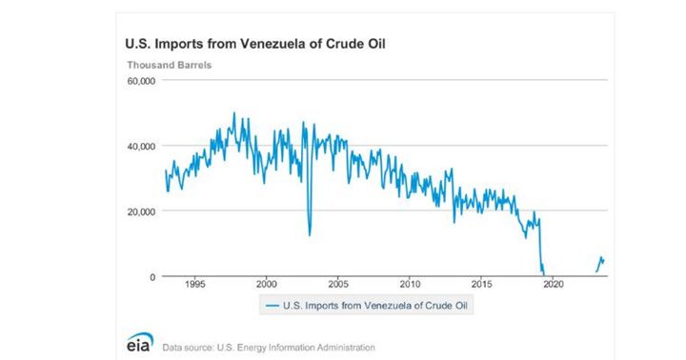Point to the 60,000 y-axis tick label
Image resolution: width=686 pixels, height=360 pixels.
(140, 82)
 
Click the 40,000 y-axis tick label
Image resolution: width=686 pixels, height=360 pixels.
(140, 147)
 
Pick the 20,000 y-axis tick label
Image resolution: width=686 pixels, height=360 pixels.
(140, 211)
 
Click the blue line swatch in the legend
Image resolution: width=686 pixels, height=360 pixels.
(271, 306)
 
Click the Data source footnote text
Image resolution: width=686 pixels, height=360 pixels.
(270, 347)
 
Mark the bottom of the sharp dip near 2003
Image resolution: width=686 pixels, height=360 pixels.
(310, 234)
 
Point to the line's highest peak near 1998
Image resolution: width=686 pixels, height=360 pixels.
(234, 113)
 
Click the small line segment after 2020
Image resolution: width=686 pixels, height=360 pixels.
(601, 262)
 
